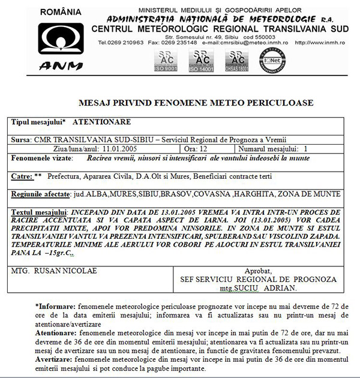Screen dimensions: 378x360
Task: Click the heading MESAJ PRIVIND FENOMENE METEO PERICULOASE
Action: point(196,103)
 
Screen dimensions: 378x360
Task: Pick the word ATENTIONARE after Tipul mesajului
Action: point(98,121)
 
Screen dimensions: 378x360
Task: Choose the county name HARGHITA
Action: point(273,195)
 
